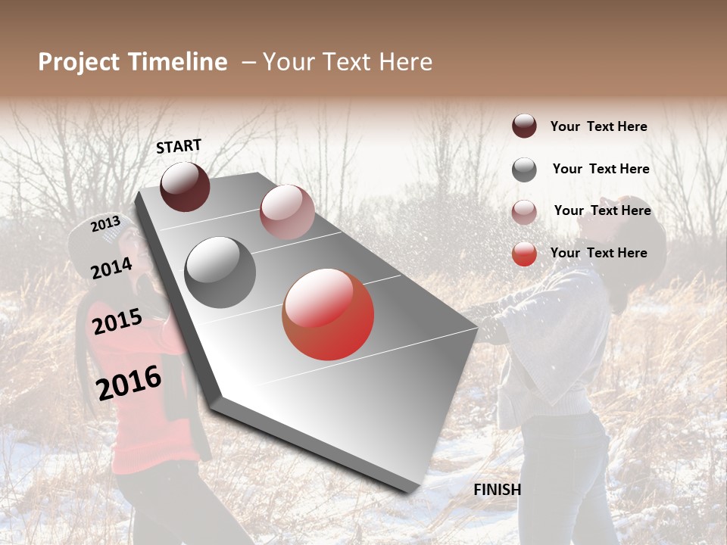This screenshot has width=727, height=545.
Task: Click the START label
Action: [x=179, y=146]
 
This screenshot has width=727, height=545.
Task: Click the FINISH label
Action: [x=498, y=490]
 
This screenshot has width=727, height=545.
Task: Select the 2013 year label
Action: [x=106, y=224]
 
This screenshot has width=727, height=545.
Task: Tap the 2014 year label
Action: [x=111, y=268]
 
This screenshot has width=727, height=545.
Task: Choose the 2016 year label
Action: [x=129, y=382]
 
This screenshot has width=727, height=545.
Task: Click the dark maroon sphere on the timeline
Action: [x=185, y=186]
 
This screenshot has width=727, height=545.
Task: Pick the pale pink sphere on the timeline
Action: [x=287, y=212]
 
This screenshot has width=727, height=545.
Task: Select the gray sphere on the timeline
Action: [x=220, y=272]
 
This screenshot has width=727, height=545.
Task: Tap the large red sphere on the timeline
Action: [x=328, y=314]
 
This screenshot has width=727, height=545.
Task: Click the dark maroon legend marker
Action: [x=524, y=126]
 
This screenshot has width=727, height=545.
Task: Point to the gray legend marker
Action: [x=524, y=170]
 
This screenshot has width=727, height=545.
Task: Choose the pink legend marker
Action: [x=524, y=212]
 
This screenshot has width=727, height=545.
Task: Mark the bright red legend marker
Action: [x=524, y=254]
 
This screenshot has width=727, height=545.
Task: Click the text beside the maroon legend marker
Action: [x=598, y=126]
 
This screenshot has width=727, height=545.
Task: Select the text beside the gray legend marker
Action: [x=601, y=169]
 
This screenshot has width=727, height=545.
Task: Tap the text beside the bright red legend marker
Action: [x=598, y=253]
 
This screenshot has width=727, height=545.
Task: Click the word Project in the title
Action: [x=79, y=62]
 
